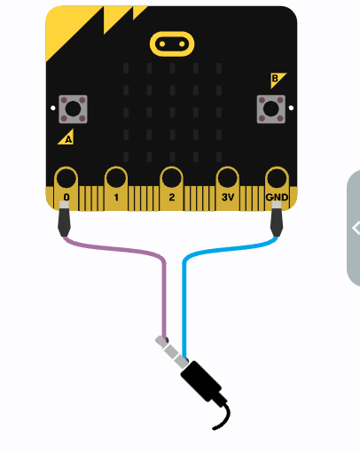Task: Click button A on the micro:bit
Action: coord(73,109)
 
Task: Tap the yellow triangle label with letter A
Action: coord(67,138)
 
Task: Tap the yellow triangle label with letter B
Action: coord(277,79)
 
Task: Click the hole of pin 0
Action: coord(66,178)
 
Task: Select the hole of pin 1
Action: coord(116,178)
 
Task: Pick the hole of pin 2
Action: coord(171,178)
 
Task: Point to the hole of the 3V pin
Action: coord(227,178)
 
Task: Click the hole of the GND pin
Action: coord(277,178)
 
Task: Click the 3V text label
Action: coord(228,198)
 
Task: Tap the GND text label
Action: coord(277,198)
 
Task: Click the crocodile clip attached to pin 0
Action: coord(64,219)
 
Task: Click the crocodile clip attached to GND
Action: coord(277,219)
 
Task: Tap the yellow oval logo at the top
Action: coord(172,44)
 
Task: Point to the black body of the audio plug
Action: coord(201,381)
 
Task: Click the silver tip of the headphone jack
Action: coord(160,340)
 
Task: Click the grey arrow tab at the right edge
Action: coord(354,228)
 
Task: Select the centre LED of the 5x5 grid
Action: coord(172,113)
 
